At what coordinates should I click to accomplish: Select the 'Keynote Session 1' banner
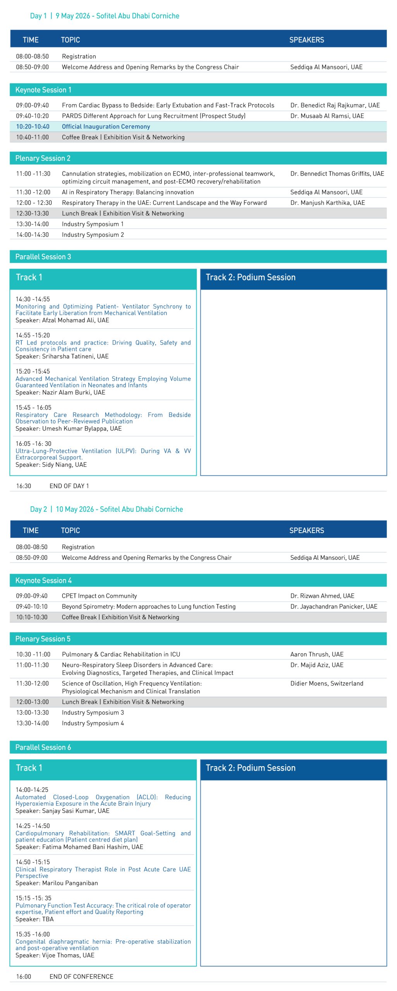[x=43, y=90]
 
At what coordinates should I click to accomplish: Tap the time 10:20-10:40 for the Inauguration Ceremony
[x=33, y=127]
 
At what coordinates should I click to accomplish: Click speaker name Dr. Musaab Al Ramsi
[x=327, y=116]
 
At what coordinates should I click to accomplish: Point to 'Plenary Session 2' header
[x=43, y=158]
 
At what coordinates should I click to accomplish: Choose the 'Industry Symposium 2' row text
[x=93, y=235]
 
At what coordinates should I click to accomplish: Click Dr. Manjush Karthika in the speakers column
[x=327, y=202]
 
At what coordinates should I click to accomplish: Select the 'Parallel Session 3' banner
[x=43, y=257]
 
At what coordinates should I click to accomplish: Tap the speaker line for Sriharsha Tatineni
[x=62, y=356]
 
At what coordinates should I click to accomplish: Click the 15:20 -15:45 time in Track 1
[x=33, y=371]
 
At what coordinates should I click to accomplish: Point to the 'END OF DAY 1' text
[x=69, y=486]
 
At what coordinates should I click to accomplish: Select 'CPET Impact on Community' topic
[x=99, y=596]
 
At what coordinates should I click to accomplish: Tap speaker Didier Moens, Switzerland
[x=327, y=683]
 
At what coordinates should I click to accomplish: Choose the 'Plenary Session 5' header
[x=43, y=639]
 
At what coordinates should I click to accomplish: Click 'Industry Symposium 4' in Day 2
[x=93, y=723]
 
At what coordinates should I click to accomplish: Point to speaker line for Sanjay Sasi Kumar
[x=62, y=811]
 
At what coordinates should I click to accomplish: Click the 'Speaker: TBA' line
[x=34, y=919]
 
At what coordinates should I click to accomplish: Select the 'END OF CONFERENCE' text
[x=81, y=976]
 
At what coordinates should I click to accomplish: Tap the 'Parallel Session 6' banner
[x=43, y=747]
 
